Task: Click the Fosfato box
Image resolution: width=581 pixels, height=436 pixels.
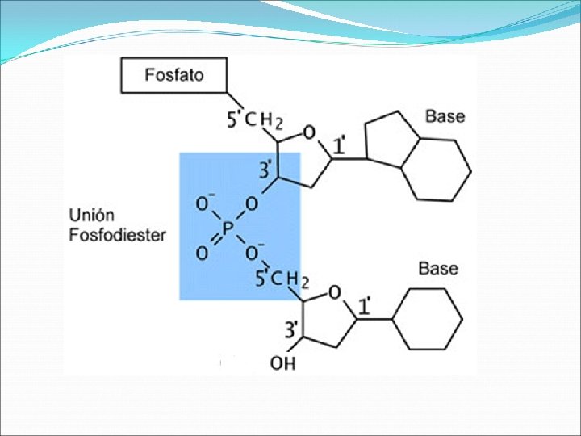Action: (173, 75)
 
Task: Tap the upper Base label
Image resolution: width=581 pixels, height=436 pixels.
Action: (445, 117)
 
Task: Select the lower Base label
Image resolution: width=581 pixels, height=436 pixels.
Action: (438, 268)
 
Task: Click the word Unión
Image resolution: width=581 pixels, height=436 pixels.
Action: (92, 216)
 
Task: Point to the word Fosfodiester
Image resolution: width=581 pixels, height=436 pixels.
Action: (118, 235)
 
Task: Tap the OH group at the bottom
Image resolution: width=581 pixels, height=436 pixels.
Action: (282, 363)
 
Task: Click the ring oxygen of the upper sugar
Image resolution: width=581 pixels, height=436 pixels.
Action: (308, 132)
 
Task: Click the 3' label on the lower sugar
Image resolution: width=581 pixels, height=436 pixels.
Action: (291, 329)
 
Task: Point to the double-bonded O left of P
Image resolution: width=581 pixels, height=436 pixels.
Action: (202, 254)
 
